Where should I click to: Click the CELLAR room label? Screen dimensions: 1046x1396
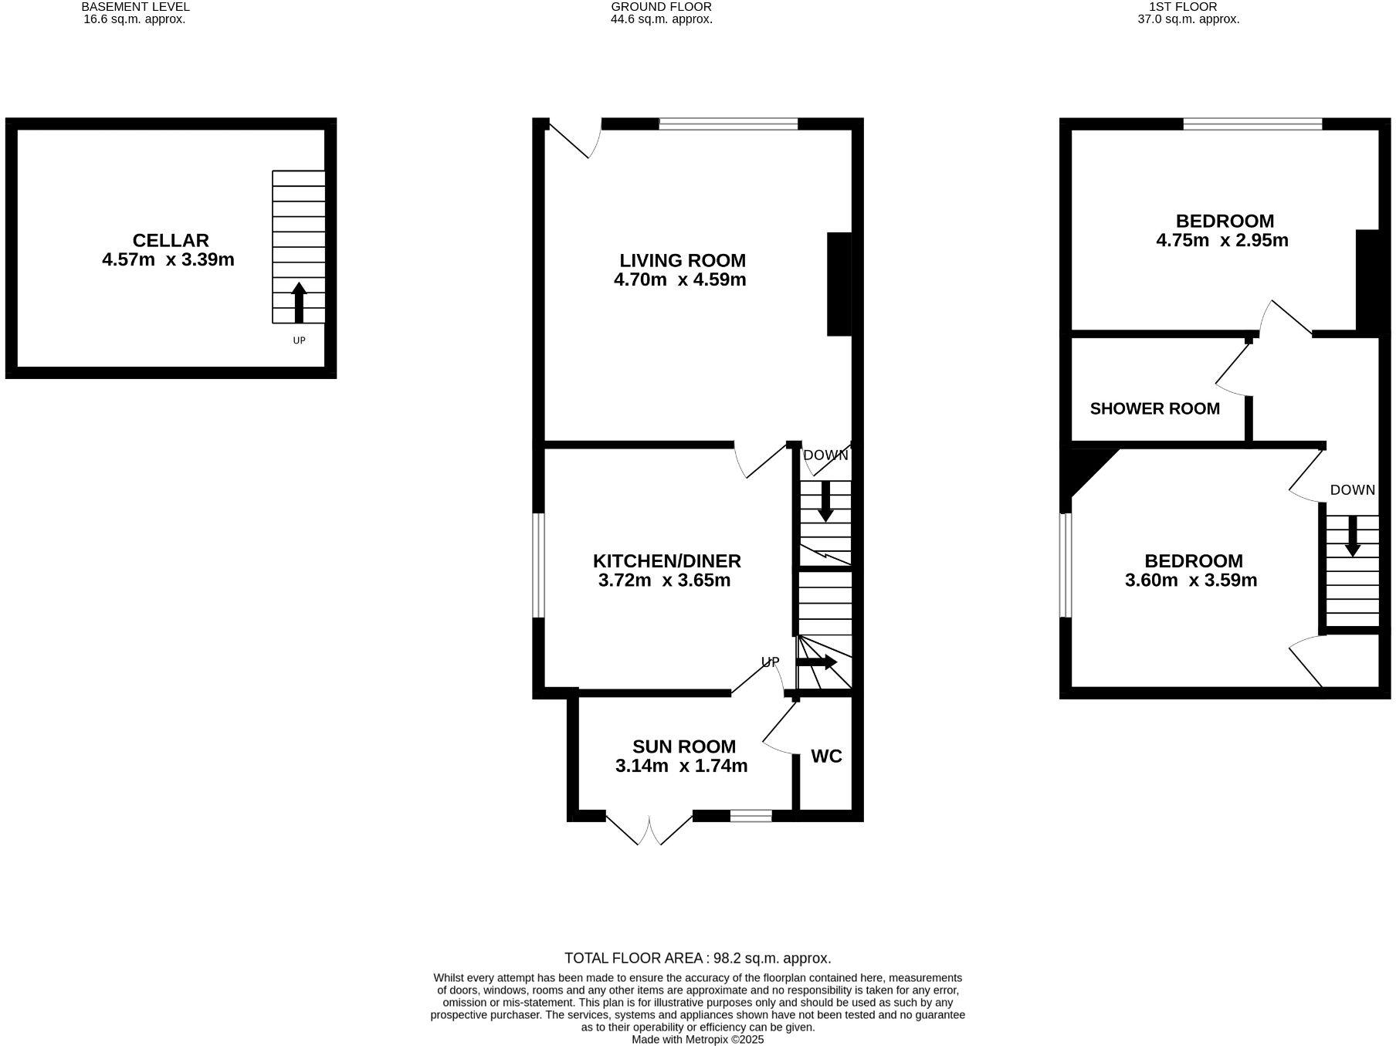[x=171, y=240]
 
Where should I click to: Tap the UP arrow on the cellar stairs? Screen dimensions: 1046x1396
[x=299, y=303]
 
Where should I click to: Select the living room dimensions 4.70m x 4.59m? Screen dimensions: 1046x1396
[x=679, y=279]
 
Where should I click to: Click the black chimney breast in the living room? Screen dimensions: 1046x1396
[x=839, y=284]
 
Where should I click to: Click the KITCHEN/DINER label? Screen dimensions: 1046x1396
[x=666, y=561]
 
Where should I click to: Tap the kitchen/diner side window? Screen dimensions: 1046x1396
[x=540, y=565]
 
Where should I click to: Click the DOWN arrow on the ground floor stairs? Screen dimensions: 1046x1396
[x=825, y=501]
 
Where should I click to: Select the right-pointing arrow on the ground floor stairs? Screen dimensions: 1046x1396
[x=817, y=662]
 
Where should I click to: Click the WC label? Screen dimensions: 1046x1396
[x=826, y=757]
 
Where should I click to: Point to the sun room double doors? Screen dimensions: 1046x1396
[x=649, y=830]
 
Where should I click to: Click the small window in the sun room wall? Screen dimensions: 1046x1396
[x=751, y=815]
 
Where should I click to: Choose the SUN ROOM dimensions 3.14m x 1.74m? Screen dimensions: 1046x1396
[x=681, y=766]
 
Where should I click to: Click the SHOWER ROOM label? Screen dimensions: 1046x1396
[x=1154, y=408]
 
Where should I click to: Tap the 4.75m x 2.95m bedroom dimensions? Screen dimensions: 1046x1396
[x=1221, y=240]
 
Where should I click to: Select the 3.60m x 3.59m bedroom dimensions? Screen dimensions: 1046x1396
[x=1191, y=581]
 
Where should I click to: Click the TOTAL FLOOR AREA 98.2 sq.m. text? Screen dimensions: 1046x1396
[x=697, y=958]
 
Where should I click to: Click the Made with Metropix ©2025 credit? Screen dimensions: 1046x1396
[x=697, y=1040]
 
